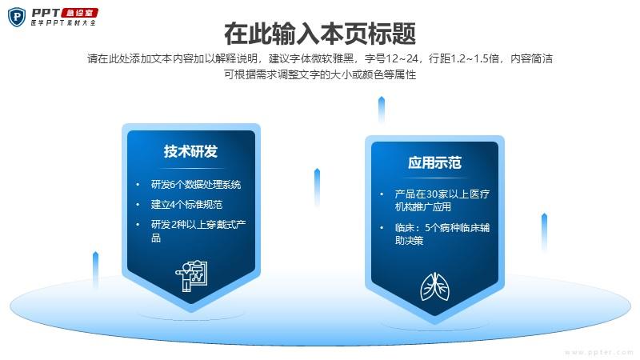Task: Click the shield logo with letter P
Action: point(17,17)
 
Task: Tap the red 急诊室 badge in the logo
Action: point(79,13)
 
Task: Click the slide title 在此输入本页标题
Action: point(320,34)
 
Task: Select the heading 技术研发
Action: point(190,151)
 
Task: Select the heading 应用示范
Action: point(434,162)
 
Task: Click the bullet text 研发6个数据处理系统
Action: point(196,185)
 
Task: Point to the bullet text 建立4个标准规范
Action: point(186,204)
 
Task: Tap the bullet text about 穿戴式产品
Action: point(198,230)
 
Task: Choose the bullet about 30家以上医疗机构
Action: point(442,200)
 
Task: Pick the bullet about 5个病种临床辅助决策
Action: point(442,234)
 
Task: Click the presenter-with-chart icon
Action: point(191,276)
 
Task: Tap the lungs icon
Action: point(434,286)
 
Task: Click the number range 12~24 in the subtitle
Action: point(402,58)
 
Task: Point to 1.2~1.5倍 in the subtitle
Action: point(474,58)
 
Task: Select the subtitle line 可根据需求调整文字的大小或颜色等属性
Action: point(320,74)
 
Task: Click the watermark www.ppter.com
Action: point(599,352)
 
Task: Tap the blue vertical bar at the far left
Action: point(95,270)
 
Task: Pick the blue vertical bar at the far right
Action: point(544,231)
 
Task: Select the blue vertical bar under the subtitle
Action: point(382,110)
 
